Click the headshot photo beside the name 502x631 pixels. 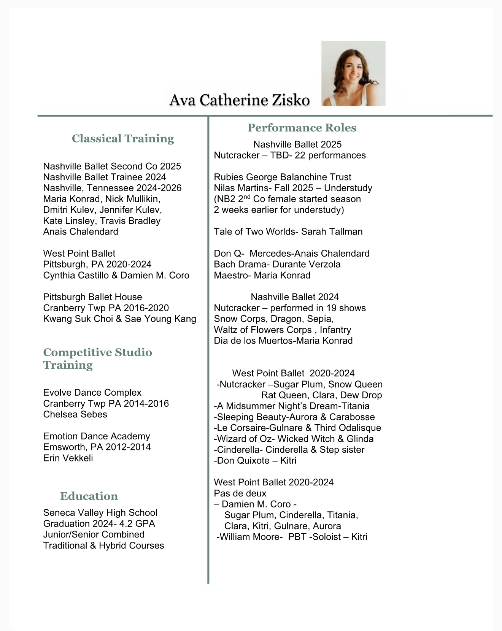(x=353, y=73)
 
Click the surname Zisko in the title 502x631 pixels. (x=290, y=100)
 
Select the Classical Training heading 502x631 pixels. (x=122, y=138)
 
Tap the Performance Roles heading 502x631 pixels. (x=302, y=128)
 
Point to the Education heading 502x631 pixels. (x=89, y=496)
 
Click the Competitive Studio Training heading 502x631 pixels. (x=97, y=358)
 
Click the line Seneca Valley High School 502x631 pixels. (x=100, y=512)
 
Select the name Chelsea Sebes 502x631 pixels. (x=75, y=414)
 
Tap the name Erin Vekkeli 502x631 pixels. (x=68, y=458)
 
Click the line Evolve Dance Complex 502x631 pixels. (x=92, y=392)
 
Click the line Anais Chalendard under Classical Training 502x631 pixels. (x=81, y=231)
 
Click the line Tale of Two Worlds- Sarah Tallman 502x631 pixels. (x=288, y=231)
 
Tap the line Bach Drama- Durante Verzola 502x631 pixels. (x=277, y=264)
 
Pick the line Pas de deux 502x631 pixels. (x=240, y=493)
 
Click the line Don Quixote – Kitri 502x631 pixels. (x=255, y=461)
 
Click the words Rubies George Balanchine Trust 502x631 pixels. (x=282, y=177)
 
